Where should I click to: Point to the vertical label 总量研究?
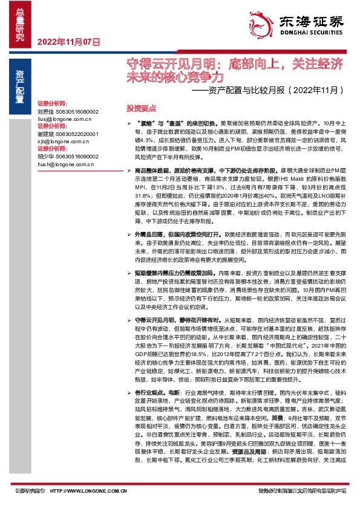tap(19, 25)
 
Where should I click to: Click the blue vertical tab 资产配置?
tap(19, 81)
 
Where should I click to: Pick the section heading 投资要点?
tap(141, 107)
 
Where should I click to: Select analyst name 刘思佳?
tap(45, 112)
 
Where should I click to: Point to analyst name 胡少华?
tap(45, 155)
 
